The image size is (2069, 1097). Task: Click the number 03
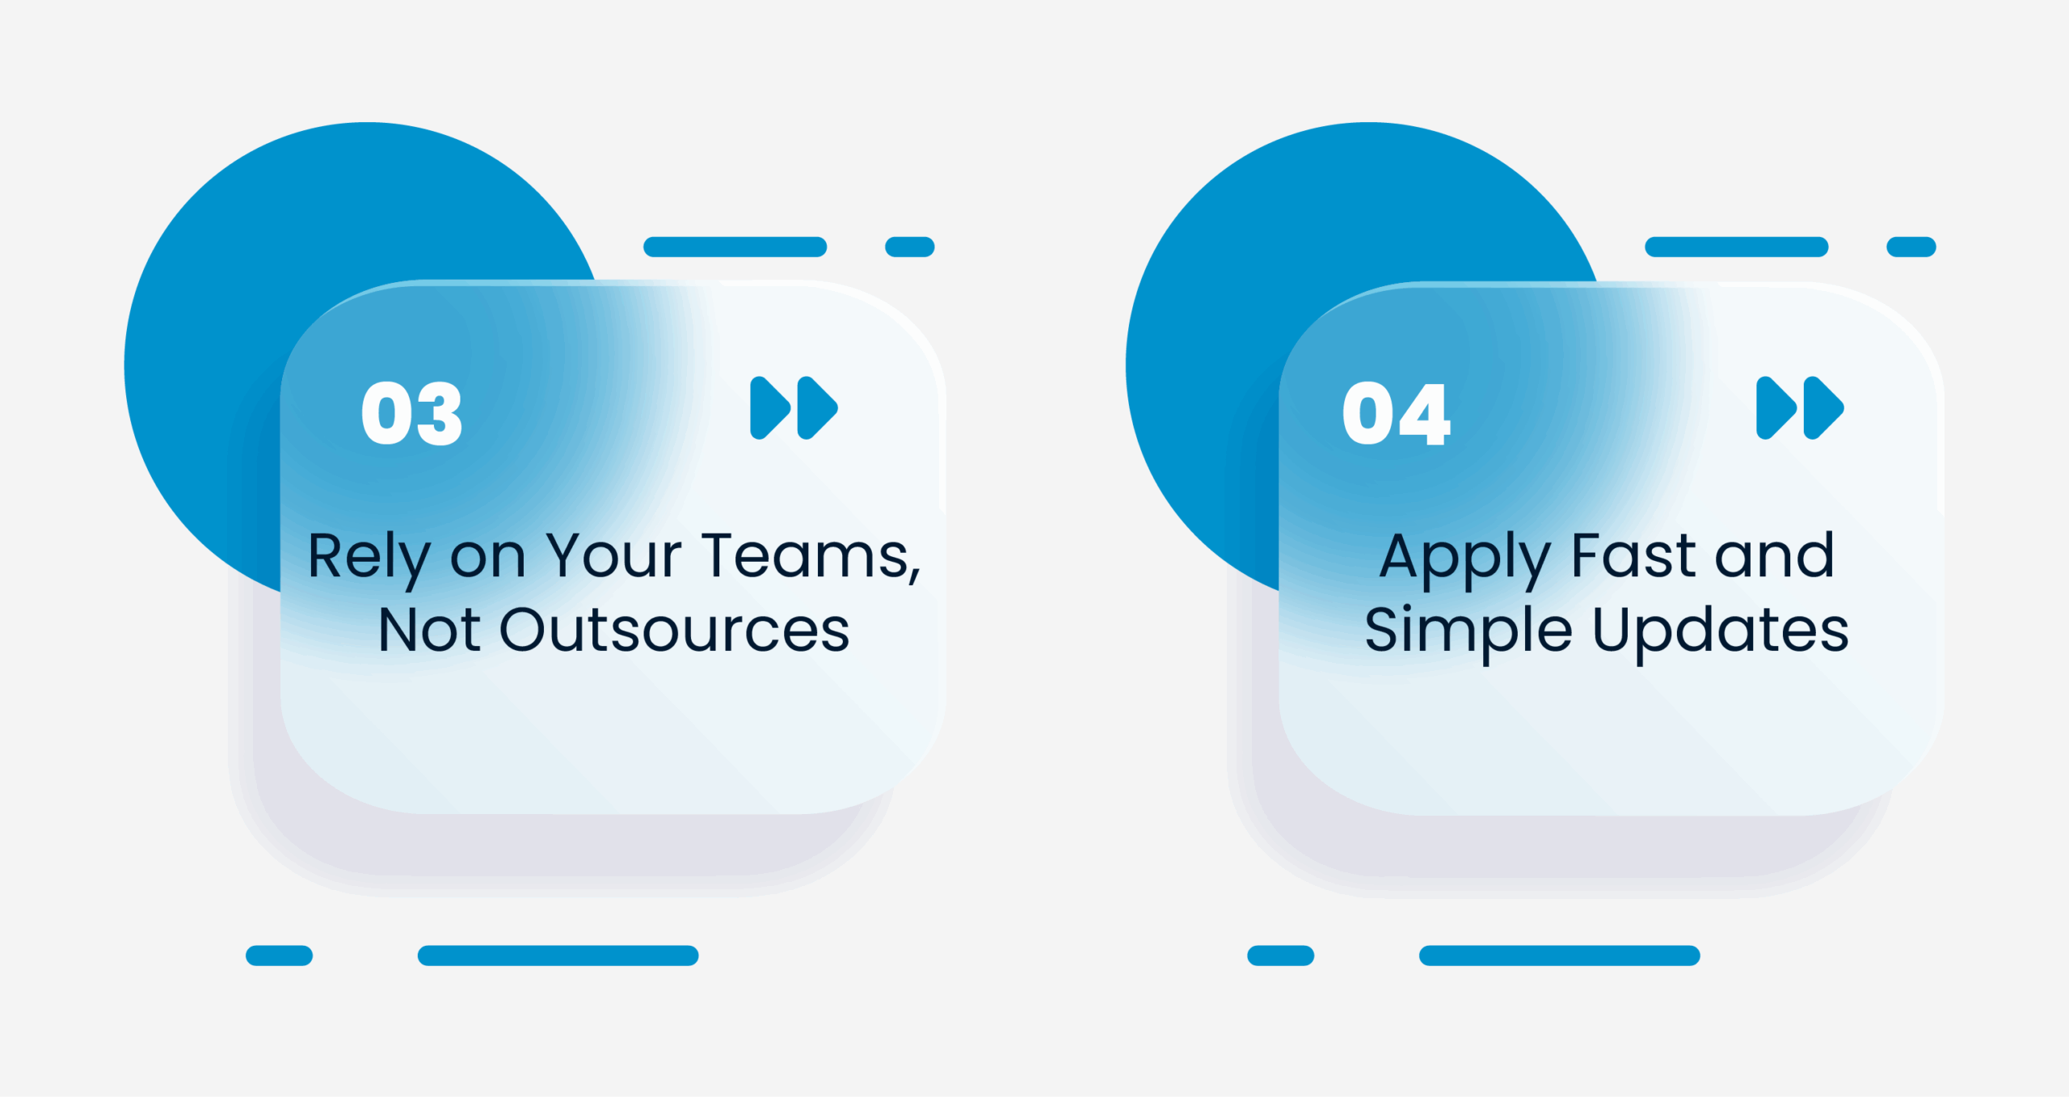tap(412, 413)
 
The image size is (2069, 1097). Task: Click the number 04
tap(1396, 413)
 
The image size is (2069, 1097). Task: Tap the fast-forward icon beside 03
tap(794, 407)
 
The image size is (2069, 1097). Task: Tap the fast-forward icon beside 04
tap(1800, 407)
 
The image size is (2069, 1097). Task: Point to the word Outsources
tap(675, 630)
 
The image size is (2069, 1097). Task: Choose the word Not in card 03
tap(429, 630)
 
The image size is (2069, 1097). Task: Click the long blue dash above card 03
tap(735, 247)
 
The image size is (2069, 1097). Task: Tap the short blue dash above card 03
tap(910, 247)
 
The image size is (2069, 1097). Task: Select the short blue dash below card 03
tap(279, 956)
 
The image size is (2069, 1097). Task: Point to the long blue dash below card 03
tap(558, 956)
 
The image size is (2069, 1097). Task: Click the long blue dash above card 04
tap(1736, 247)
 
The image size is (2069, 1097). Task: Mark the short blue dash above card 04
tap(1911, 247)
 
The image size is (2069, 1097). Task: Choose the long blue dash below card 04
tap(1559, 956)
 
